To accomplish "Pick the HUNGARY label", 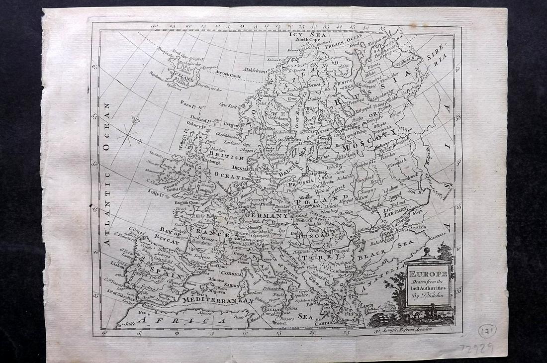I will coord(298,238).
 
